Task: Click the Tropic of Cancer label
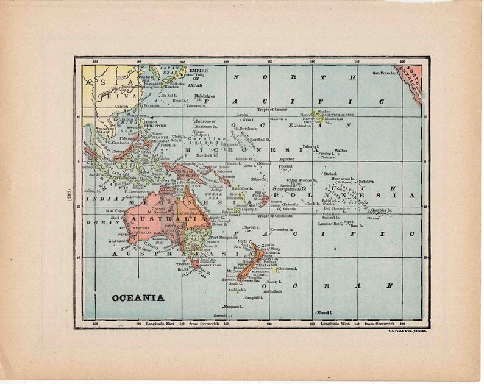(272, 110)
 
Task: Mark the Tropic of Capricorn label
(274, 216)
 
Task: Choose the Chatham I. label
(286, 268)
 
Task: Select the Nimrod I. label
(323, 312)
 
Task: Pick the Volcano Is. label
(197, 105)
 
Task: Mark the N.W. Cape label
(115, 211)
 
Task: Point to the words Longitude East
(160, 324)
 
